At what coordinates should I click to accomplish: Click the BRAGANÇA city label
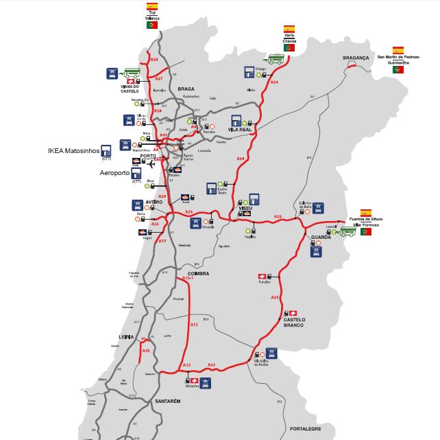tap(356, 58)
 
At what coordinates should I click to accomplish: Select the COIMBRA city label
tap(198, 274)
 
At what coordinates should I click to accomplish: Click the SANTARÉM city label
tap(168, 400)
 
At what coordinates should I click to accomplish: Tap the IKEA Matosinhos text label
tap(73, 150)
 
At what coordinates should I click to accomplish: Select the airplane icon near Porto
tap(162, 163)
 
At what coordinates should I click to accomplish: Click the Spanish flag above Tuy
tap(152, 5)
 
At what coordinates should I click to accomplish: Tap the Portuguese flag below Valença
tap(152, 25)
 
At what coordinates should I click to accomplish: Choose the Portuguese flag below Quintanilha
tap(398, 70)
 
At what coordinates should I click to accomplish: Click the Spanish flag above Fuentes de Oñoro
tap(366, 213)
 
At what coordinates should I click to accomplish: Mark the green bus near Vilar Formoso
tap(348, 232)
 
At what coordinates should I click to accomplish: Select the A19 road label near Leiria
tap(145, 351)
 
